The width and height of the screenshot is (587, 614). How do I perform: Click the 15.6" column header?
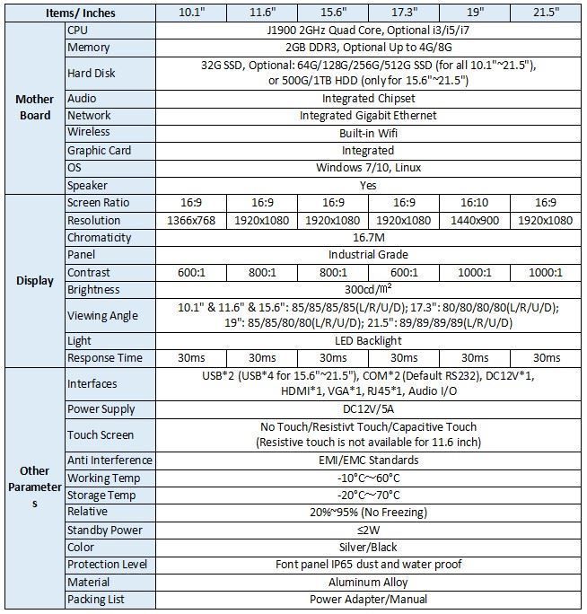[x=332, y=12]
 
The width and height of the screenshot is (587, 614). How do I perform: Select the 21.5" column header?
[x=545, y=12]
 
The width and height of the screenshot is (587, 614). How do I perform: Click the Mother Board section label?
[x=35, y=107]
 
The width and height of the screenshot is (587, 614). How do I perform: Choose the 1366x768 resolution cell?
[x=190, y=221]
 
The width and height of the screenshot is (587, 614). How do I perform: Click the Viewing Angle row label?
[x=102, y=315]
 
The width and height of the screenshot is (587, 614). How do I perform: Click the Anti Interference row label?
[x=110, y=460]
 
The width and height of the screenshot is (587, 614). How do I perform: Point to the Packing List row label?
[x=96, y=599]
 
